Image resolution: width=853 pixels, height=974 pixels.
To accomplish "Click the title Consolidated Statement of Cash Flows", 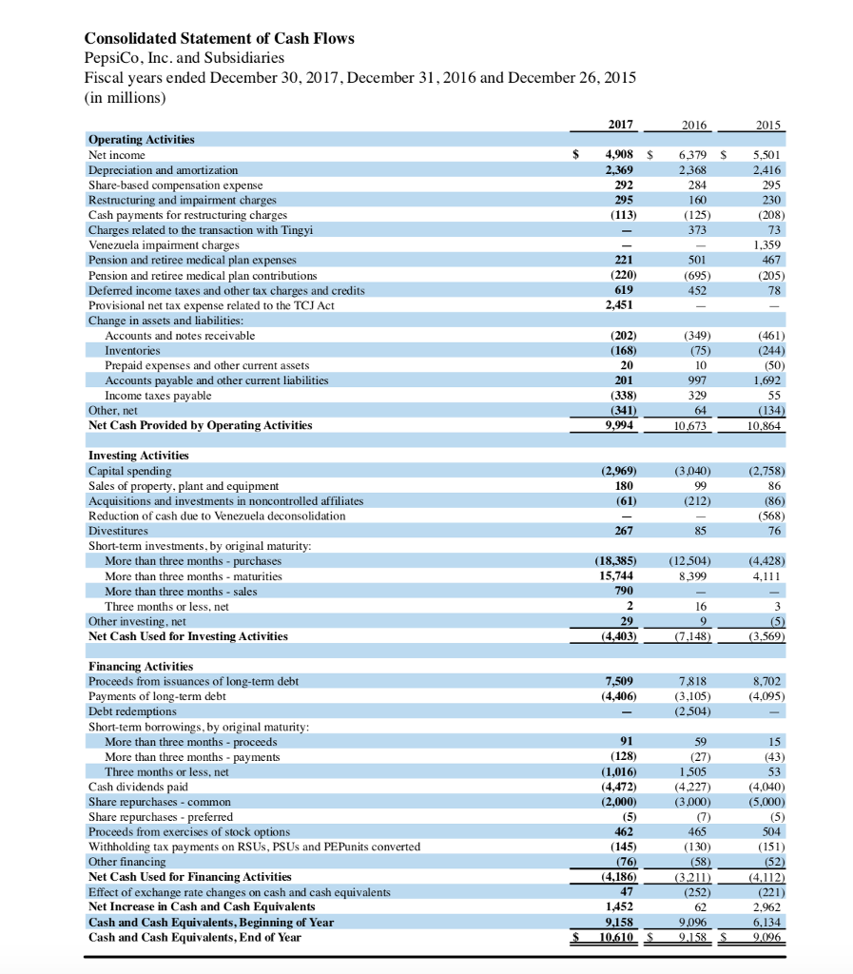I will pyautogui.click(x=219, y=39).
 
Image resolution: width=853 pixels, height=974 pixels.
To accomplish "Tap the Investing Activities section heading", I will pyautogui.click(x=138, y=456).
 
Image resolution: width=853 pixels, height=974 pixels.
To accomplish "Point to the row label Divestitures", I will pyautogui.click(x=119, y=531).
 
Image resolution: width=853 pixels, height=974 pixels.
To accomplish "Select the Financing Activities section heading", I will pyautogui.click(x=140, y=667).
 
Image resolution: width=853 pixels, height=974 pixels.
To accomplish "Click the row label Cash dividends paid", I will pyautogui.click(x=138, y=787).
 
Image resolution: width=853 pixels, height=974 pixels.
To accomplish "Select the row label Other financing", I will pyautogui.click(x=126, y=862).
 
